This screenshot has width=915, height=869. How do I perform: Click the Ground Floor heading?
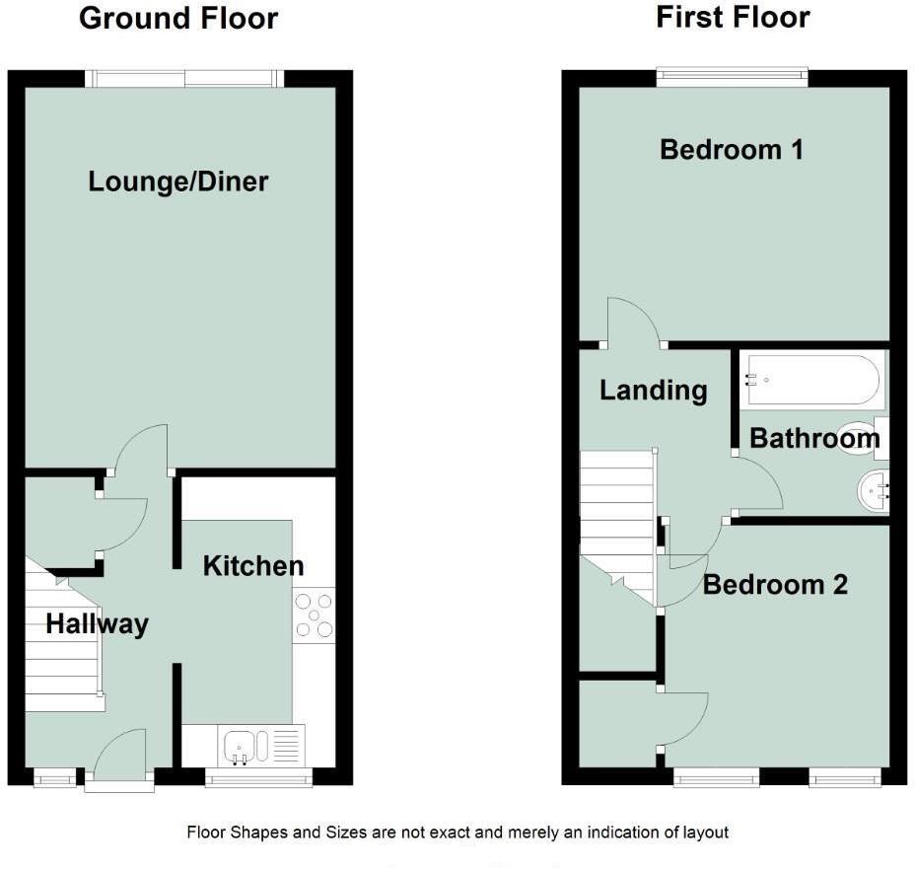pos(177,18)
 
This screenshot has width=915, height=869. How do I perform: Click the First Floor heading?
pos(733,17)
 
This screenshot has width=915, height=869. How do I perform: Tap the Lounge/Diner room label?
pos(178,181)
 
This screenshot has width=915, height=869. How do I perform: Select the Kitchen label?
pos(253,566)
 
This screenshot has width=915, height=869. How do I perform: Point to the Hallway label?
pos(97,623)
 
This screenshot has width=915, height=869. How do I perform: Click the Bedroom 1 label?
pos(732,150)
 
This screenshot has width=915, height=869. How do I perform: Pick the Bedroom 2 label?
pos(775,585)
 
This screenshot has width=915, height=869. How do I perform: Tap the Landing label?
pos(653,391)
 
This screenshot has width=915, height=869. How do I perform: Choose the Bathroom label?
pos(814,438)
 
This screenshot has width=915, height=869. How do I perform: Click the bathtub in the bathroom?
pos(813,380)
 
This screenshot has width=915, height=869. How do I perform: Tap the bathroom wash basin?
pos(874,490)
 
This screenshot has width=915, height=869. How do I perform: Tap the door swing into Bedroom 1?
pos(631,321)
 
